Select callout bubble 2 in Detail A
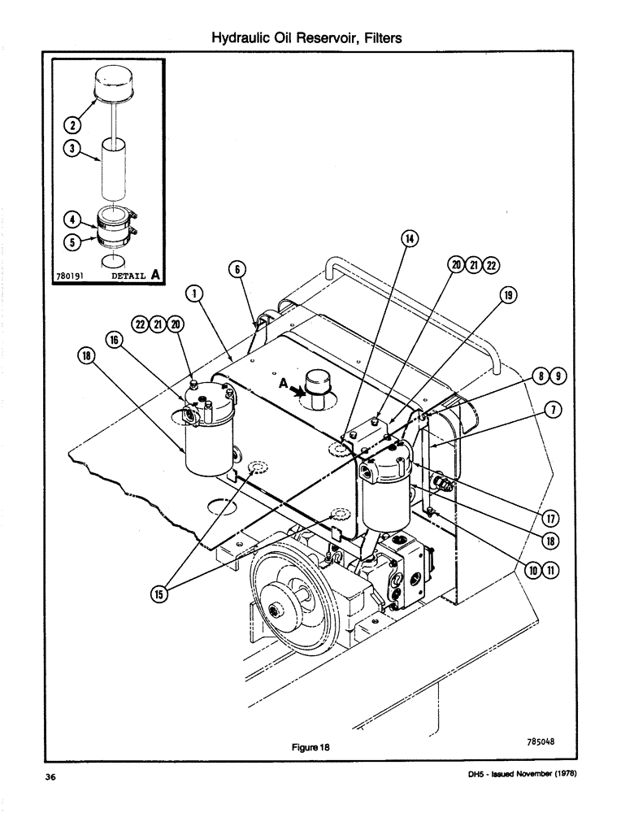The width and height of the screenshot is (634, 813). click(x=71, y=124)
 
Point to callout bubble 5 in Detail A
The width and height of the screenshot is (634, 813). click(x=71, y=241)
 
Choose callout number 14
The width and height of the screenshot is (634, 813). click(x=410, y=238)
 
